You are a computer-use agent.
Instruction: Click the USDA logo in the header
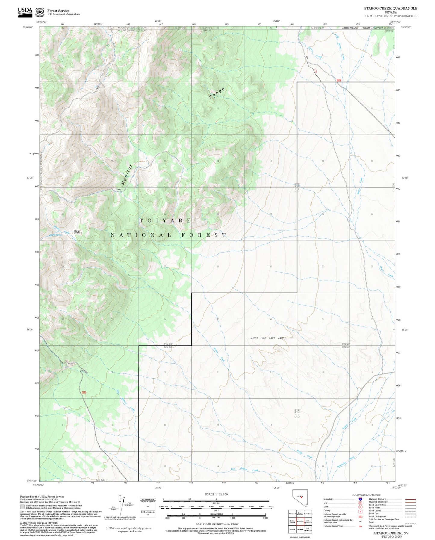pos(25,11)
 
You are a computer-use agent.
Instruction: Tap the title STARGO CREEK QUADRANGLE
pos(390,8)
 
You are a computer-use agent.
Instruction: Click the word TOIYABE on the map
pos(165,221)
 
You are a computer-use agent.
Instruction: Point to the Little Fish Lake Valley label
pos(269,338)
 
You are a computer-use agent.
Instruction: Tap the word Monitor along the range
pos(127,175)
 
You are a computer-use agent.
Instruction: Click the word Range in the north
pos(217,93)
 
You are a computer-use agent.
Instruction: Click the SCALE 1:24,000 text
pos(216,494)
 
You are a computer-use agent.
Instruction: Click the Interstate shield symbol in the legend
pos(360,499)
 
